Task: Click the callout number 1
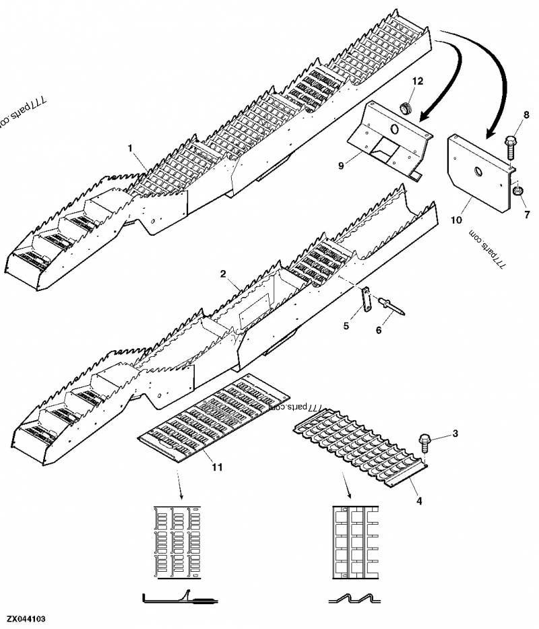click(130, 146)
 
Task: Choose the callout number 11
click(215, 466)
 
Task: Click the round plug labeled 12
click(407, 108)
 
